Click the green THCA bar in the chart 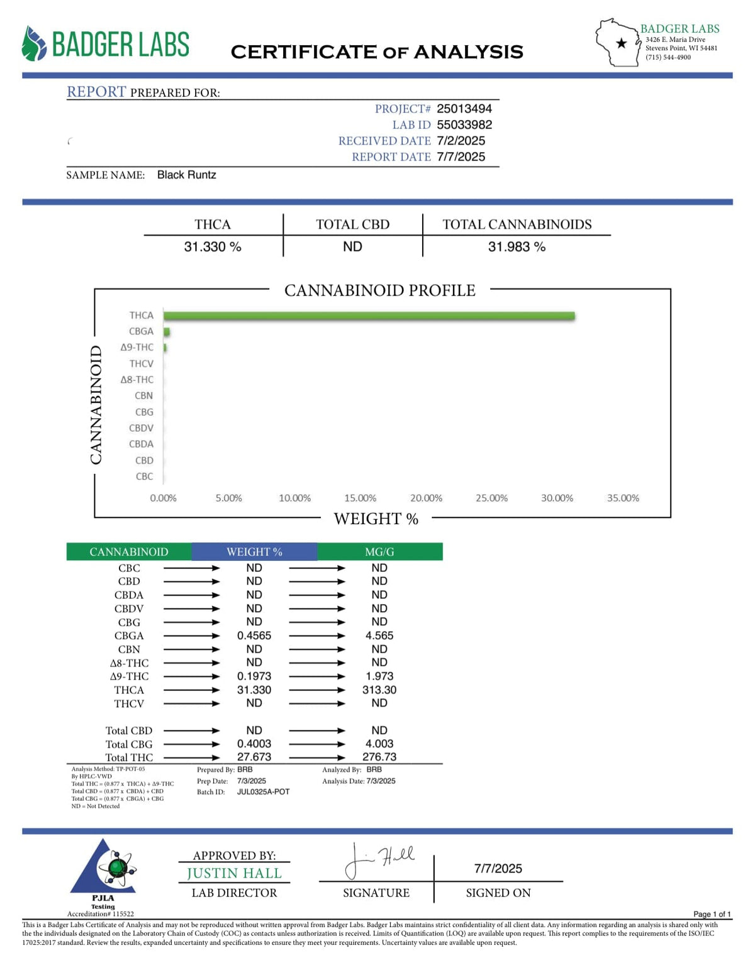[x=369, y=316]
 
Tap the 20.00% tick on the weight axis [x=426, y=498]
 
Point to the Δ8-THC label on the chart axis [x=137, y=380]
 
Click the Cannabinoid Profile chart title [x=379, y=290]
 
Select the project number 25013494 [x=464, y=109]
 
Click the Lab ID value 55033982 [x=464, y=125]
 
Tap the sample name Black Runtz [x=186, y=175]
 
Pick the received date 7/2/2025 [x=461, y=141]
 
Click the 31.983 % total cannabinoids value [x=517, y=247]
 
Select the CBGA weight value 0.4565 [x=254, y=636]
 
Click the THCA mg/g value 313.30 [x=379, y=690]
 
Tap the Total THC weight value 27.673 [x=254, y=757]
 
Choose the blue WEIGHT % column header [x=254, y=552]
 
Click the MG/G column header [x=379, y=552]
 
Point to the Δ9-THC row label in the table [x=129, y=676]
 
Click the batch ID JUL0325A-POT [x=263, y=792]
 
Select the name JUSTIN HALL [x=234, y=873]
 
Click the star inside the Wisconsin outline [x=622, y=43]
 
